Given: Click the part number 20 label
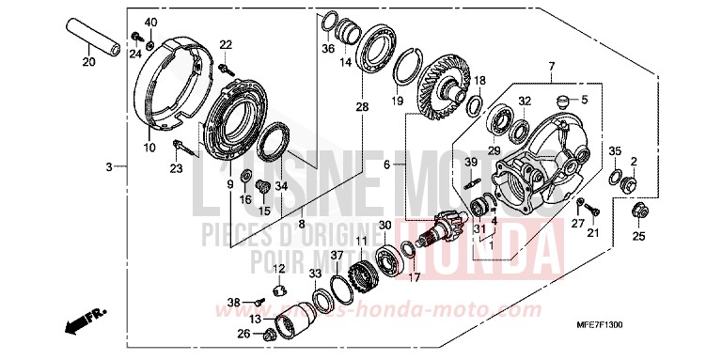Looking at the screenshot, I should coord(87,63).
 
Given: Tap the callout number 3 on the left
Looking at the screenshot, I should coord(109,166).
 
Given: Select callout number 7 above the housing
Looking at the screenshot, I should coord(552,66).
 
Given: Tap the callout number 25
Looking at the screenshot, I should coord(639,236).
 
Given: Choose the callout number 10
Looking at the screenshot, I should coord(149,148).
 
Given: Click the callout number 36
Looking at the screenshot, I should coord(328,49).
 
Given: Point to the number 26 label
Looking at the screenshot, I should coord(243,334).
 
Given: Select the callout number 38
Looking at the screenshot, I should coord(234,303).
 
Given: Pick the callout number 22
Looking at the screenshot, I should coord(225,44).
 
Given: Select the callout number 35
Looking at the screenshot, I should coord(615,150).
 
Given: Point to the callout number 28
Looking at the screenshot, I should coord(362,108).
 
